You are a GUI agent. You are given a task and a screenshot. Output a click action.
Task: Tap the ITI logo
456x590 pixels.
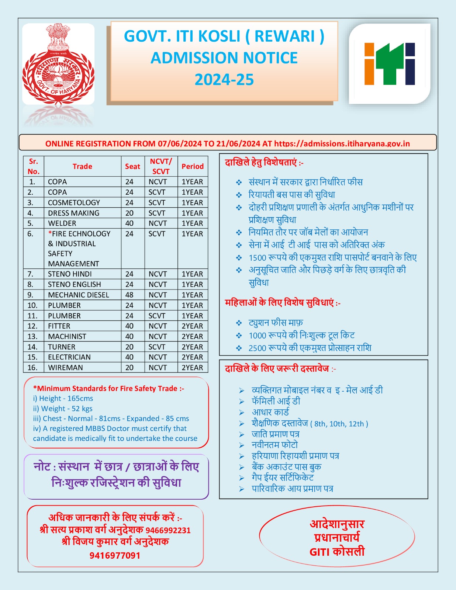tap(390, 64)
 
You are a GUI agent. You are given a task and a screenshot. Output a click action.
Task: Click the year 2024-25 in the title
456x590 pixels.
tap(224, 80)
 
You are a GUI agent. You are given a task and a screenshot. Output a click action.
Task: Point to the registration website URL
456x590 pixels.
tap(342, 144)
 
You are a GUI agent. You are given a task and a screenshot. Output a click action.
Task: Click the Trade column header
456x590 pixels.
tap(82, 166)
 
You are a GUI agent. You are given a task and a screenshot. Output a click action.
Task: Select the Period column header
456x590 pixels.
tap(193, 166)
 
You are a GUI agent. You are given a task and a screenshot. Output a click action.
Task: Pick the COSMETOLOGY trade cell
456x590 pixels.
tap(74, 202)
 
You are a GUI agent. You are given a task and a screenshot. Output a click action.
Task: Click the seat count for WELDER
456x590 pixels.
tap(129, 223)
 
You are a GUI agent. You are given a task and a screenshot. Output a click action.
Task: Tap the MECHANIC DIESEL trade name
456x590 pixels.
tap(79, 295)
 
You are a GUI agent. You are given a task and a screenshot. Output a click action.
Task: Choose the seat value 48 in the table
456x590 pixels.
tap(129, 295)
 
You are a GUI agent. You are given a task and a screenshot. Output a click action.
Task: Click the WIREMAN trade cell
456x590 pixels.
tap(65, 368)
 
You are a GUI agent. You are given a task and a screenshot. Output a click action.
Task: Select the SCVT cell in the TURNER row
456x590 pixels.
tap(157, 347)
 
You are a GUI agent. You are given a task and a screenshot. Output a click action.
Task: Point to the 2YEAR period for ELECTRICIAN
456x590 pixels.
tap(192, 357)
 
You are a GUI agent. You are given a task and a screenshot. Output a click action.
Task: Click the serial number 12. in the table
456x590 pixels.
tap(32, 326)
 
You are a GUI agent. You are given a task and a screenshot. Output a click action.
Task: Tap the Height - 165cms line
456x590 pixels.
tap(63, 398)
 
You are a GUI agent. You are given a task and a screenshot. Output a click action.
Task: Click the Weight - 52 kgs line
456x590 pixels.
tap(63, 409)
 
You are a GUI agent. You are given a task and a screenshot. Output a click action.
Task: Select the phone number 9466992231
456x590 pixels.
tap(168, 530)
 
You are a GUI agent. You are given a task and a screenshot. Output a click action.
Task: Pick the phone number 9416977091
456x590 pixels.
tap(115, 555)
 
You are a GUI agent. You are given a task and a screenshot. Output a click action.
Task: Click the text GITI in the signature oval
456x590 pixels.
tap(319, 552)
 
